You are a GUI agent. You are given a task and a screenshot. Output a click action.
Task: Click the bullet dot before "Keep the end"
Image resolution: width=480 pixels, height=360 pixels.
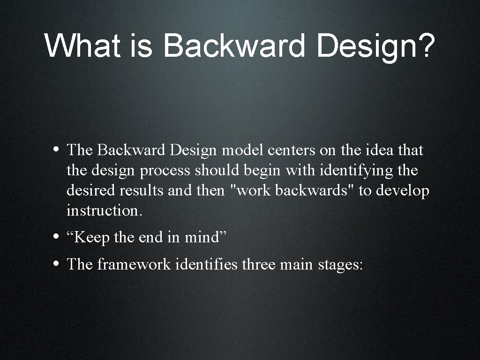[56, 237]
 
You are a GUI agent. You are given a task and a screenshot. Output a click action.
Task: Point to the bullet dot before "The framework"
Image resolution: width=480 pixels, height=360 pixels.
[56, 263]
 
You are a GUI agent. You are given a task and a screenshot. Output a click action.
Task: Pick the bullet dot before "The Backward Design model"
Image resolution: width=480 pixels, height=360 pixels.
[56, 150]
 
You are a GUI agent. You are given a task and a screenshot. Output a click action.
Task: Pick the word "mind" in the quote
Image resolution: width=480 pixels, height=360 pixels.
[202, 238]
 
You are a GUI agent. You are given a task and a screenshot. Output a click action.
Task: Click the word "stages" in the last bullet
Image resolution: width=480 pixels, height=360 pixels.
[340, 264]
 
